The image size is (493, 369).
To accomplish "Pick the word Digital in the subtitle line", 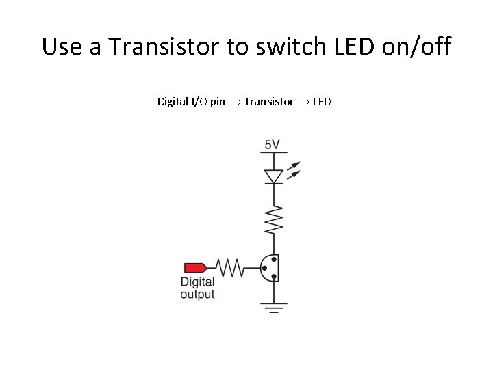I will click(172, 102).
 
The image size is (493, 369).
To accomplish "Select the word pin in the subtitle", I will click(218, 102).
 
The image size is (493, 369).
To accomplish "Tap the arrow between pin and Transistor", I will click(235, 102).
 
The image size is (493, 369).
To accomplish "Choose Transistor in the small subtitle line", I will click(268, 102).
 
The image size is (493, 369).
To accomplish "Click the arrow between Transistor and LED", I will click(303, 102).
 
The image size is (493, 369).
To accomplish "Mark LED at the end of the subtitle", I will click(322, 102).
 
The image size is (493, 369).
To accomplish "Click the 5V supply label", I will click(273, 145).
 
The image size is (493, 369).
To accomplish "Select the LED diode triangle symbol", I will click(274, 176).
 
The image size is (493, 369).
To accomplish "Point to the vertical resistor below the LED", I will click(274, 219).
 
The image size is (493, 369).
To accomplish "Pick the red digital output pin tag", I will click(195, 267).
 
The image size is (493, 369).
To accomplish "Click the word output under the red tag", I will click(197, 295).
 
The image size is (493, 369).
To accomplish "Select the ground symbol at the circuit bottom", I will click(274, 307).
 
